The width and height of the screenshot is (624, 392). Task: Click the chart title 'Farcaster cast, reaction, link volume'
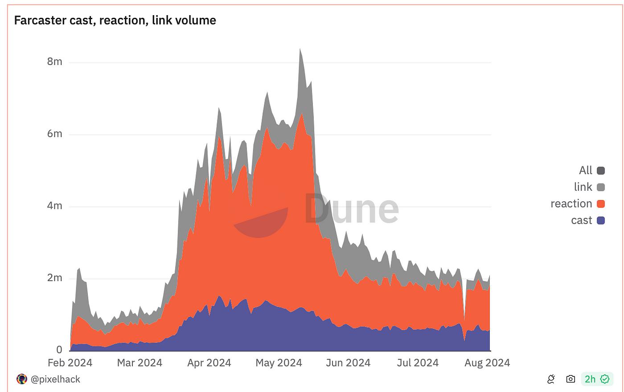115,20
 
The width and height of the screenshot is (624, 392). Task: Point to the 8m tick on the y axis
55,61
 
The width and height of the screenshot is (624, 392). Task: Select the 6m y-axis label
55,134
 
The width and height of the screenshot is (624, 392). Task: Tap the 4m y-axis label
55,206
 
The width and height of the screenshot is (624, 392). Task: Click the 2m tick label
55,278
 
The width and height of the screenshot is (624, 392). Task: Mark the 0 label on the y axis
59,350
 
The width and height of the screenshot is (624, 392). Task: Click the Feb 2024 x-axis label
70,363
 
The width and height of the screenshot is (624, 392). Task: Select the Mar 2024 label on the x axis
140,363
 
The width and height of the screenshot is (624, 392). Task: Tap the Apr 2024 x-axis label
209,363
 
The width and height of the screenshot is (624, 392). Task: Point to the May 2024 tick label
279,363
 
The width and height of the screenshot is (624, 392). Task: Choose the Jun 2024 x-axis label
348,363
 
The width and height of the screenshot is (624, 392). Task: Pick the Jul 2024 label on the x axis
418,363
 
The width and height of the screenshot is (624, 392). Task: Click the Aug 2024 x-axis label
487,363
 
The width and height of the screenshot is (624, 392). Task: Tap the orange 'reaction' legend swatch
601,204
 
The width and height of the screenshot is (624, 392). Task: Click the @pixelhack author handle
55,379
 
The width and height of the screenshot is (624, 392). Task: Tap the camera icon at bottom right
571,379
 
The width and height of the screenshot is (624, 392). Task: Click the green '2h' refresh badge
597,379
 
